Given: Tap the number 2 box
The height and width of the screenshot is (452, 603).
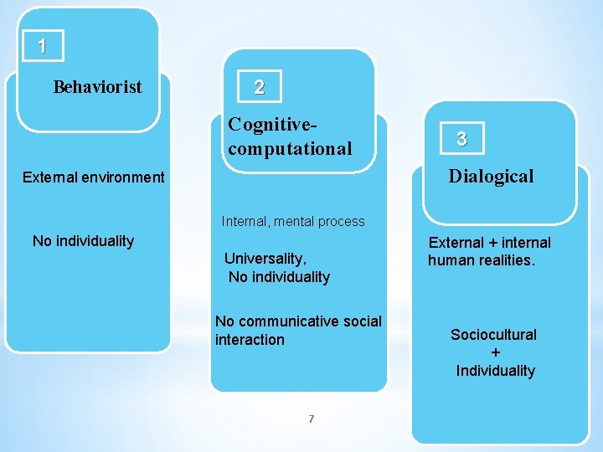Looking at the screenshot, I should point(260,86).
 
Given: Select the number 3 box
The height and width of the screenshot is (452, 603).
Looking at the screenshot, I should point(461,140).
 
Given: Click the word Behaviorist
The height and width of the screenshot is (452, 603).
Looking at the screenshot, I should point(97,87).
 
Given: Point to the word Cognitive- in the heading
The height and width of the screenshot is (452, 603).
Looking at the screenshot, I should point(273,125).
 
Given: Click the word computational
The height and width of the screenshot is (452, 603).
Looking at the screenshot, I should point(290,149).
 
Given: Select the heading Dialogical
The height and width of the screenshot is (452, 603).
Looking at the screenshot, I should point(491,176).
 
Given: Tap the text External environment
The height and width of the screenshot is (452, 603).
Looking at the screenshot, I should point(94,177).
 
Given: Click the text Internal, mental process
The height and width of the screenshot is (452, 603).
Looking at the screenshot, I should point(293,222).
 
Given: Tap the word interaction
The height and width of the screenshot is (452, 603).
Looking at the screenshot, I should point(250,340).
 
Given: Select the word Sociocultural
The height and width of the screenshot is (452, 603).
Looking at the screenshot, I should point(493,335).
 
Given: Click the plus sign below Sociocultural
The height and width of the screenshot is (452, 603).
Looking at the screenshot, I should point(495,352).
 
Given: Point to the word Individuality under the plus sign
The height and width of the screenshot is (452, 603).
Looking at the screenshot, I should point(495,371).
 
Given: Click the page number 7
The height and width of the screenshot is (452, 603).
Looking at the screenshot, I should point(311,419).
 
